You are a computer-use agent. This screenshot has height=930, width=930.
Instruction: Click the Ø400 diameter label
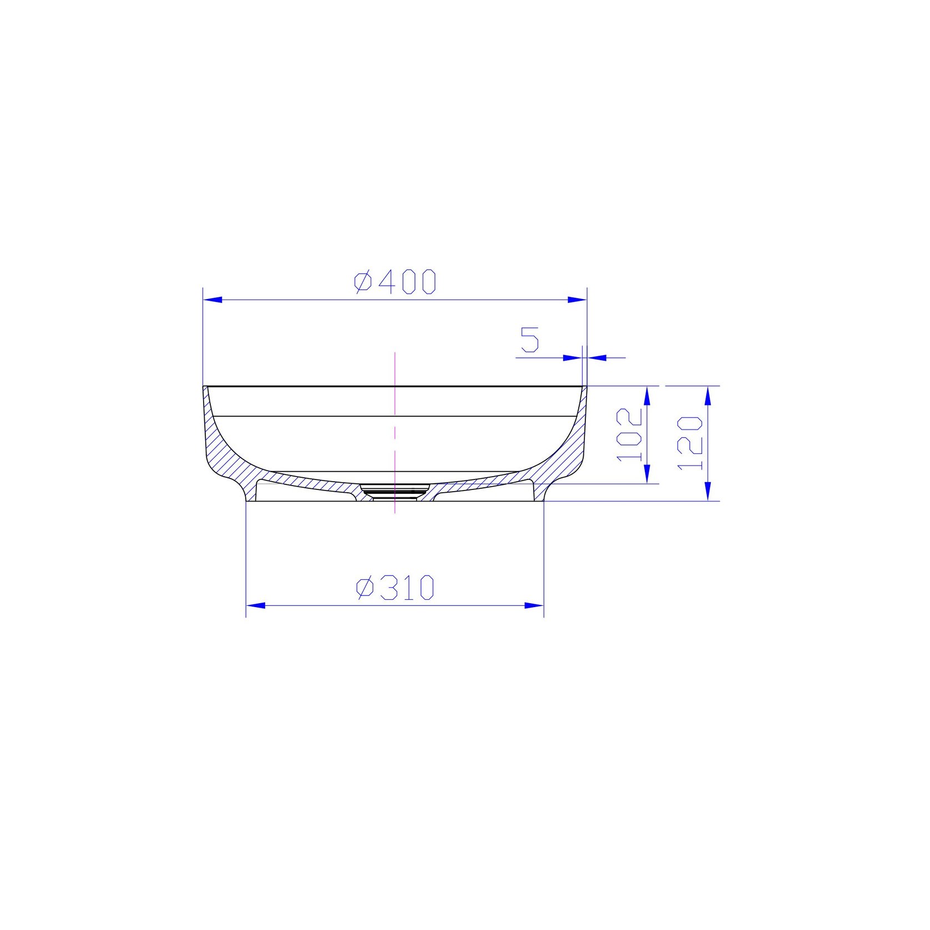coord(395,282)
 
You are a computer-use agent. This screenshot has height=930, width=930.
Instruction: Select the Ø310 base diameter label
coord(395,588)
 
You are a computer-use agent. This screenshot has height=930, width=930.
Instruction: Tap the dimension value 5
coord(530,340)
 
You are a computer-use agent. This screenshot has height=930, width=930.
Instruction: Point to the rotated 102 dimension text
coord(630,434)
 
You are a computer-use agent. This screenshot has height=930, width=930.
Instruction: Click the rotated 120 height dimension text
coord(690,442)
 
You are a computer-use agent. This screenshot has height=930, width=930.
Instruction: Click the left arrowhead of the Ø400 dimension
coord(213,300)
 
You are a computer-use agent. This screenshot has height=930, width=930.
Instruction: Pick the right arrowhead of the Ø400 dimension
coord(577,300)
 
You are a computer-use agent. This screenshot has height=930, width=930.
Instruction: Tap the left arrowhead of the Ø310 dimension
coord(256,605)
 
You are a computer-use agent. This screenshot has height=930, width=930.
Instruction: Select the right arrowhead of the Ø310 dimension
coord(534,605)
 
